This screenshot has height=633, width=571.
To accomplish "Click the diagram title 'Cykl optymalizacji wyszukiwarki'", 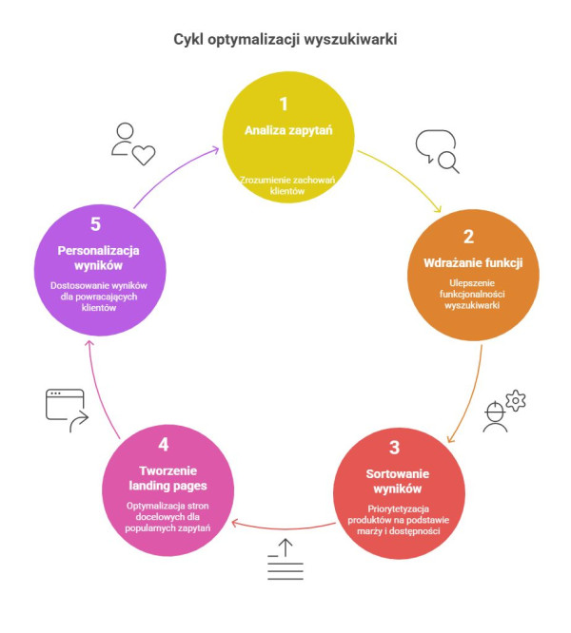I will [285, 39].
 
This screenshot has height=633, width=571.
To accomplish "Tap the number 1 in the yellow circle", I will [283, 104].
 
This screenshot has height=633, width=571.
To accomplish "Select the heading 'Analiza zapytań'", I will [283, 130].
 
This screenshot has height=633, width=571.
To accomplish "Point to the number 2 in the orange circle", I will [468, 237].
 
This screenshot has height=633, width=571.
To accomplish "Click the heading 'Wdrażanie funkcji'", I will [468, 262].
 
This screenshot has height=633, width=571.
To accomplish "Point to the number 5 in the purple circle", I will [97, 225].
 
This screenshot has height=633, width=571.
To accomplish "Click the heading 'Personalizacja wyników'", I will [97, 258].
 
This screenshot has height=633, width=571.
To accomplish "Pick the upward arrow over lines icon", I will [285, 560].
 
